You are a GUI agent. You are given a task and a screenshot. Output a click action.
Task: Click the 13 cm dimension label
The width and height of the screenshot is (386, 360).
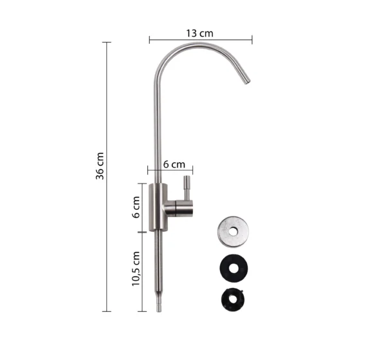click(x=199, y=33)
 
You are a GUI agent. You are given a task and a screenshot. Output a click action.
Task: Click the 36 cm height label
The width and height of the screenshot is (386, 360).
click(x=100, y=166)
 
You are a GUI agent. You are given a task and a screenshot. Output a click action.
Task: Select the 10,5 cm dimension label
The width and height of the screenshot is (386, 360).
click(x=136, y=269)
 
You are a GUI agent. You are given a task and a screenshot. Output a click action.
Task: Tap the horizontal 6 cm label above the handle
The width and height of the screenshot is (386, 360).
click(x=174, y=164)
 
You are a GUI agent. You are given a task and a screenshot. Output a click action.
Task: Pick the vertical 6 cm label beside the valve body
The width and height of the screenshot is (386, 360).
click(x=136, y=207)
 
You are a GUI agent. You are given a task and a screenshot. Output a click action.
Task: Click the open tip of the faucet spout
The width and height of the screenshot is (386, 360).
click(x=247, y=82)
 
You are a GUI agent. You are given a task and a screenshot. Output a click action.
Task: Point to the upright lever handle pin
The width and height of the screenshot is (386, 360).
click(x=187, y=188)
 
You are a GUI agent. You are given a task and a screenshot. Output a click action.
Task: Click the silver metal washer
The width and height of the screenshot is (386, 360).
click(x=233, y=232)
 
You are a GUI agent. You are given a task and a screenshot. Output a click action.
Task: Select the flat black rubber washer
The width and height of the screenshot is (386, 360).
click(x=234, y=269)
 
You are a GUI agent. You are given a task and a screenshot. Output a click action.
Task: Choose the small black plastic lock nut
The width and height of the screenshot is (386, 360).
click(x=233, y=299)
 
